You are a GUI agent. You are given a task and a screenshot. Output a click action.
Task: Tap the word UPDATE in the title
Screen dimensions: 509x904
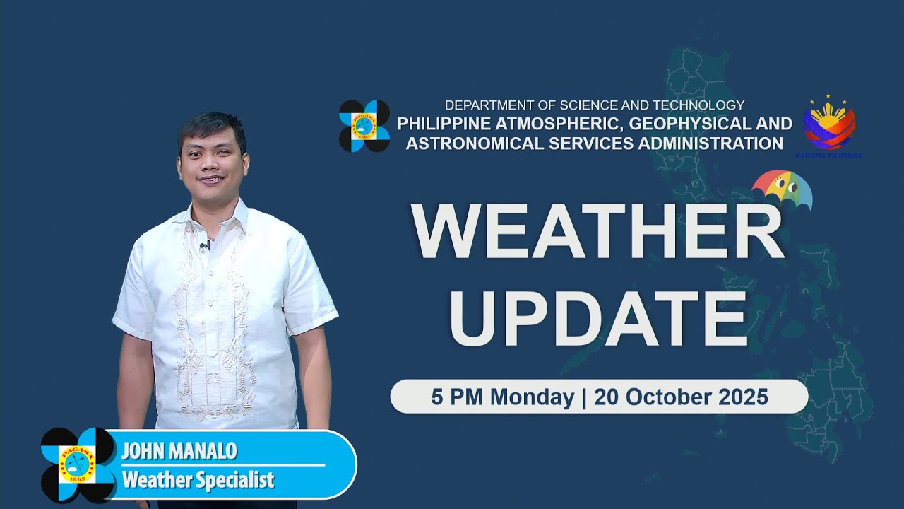pos(597,316)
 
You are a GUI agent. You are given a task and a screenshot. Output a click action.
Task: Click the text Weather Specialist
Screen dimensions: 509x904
pos(198,481)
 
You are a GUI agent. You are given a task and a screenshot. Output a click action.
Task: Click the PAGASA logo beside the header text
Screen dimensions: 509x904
pos(364,126)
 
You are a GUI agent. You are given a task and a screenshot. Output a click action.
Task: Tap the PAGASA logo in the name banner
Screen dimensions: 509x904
pos(78,464)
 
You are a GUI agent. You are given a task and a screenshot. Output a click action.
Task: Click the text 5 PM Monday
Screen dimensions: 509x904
pos(502,397)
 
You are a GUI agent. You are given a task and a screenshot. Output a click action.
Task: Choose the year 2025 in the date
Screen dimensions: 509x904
pos(741,397)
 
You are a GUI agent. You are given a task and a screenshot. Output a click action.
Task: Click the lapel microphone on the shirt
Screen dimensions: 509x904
pos(205,247)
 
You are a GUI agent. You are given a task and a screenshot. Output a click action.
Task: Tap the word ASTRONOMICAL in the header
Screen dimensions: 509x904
pos(468,144)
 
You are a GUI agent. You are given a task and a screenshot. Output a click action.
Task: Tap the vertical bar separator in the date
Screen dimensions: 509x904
pos(584,397)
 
